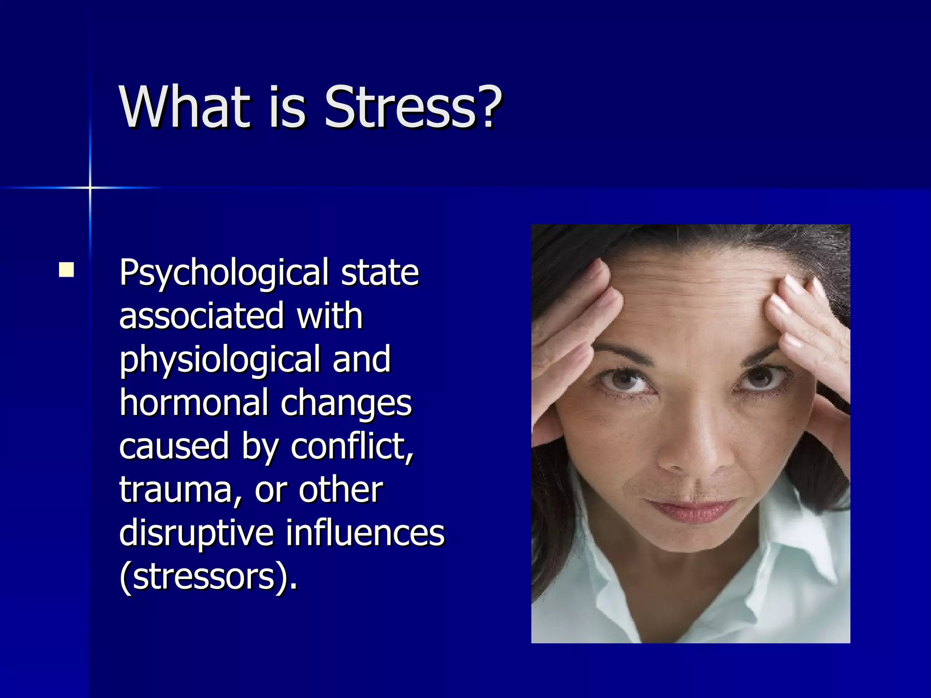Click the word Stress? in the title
(413, 107)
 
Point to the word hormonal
(194, 403)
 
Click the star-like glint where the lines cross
(90, 187)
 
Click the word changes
(346, 403)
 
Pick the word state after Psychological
(380, 273)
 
